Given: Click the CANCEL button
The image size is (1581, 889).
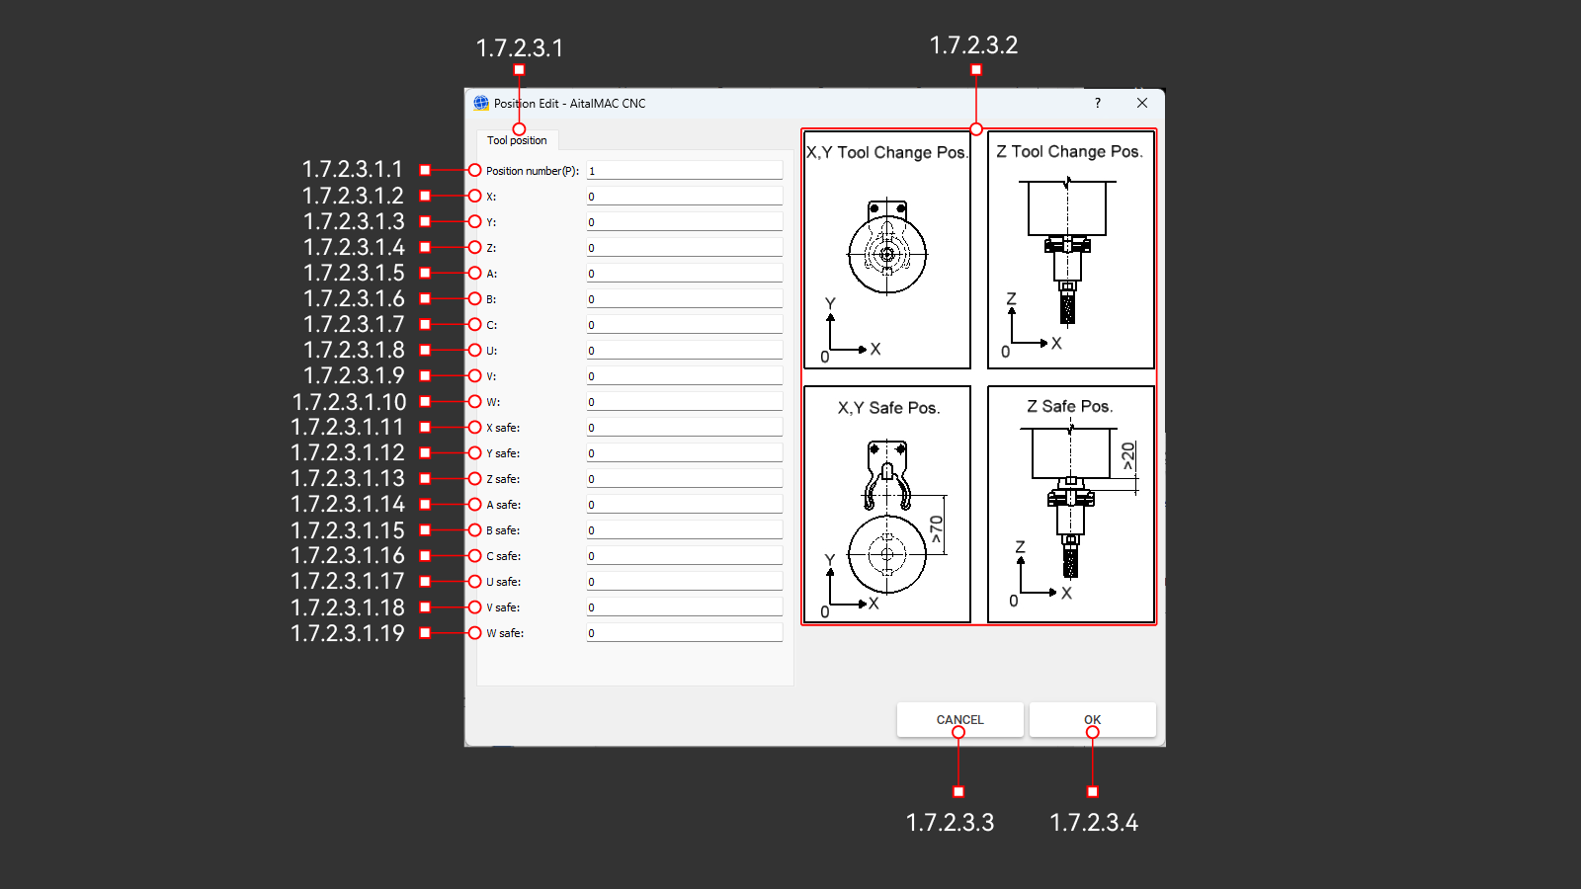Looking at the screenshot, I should click(959, 719).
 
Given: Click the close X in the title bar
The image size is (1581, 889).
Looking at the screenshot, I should click(1142, 103).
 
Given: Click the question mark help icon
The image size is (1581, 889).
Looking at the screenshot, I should click(1098, 103).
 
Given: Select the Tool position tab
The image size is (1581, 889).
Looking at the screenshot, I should click(517, 140).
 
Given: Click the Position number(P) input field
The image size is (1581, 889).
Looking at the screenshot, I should click(684, 171).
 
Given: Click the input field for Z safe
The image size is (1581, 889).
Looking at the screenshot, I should click(684, 479).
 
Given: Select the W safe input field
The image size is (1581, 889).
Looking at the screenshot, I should click(684, 633).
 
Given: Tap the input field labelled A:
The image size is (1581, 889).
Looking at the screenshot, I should click(684, 274).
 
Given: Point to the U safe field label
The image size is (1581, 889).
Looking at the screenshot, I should click(503, 582).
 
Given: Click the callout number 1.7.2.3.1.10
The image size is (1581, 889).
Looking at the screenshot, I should click(350, 402).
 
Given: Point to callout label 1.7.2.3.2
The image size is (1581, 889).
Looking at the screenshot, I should click(973, 45).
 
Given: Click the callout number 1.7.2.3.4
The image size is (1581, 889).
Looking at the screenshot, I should click(1094, 823).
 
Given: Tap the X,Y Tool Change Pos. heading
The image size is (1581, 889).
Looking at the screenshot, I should click(886, 152).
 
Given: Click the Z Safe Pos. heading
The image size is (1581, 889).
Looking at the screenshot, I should click(1069, 406).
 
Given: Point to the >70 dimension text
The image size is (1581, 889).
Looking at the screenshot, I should click(936, 529).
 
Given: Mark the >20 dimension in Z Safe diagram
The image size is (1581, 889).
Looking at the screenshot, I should click(1128, 455).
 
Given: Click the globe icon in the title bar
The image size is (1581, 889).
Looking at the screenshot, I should click(481, 103).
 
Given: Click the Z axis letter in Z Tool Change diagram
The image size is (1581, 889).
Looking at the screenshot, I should click(1011, 298).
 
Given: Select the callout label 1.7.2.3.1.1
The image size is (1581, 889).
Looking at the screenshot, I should click(353, 170).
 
